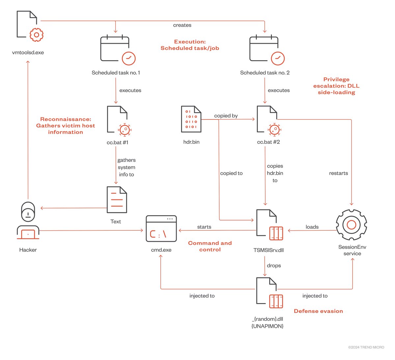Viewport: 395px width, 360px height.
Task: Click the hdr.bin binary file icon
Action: click(191, 119)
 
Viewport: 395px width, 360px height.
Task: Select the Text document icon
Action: click(117, 200)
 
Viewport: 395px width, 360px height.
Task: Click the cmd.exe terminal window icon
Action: click(161, 229)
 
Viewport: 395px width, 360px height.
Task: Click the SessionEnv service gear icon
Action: click(352, 225)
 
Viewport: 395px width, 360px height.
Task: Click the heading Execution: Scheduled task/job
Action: click(190, 45)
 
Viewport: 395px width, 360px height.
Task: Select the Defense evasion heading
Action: click(318, 311)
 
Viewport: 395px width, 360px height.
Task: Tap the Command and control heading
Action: click(210, 246)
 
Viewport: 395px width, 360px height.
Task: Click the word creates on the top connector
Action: click(182, 25)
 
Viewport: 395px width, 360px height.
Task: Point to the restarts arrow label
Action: click(338, 173)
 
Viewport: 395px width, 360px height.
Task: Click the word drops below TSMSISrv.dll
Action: click(274, 266)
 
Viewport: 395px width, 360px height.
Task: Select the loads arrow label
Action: click(312, 227)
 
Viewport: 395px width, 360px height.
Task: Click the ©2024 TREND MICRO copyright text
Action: click(366, 347)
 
